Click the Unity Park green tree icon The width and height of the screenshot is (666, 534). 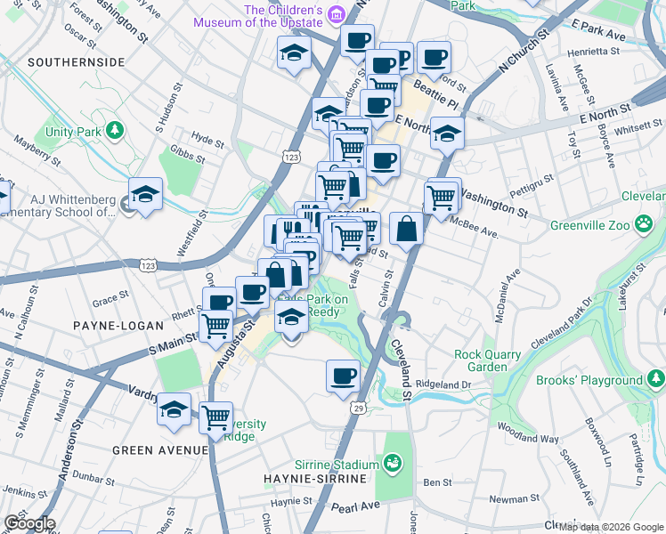point(114,132)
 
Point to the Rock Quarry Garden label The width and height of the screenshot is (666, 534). point(487,360)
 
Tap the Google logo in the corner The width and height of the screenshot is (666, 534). point(28,523)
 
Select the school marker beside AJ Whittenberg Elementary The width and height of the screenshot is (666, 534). point(144,194)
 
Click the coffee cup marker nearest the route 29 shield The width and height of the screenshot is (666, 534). point(343,375)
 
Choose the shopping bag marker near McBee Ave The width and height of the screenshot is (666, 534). point(406,229)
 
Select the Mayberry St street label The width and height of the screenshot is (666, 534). point(36,150)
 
